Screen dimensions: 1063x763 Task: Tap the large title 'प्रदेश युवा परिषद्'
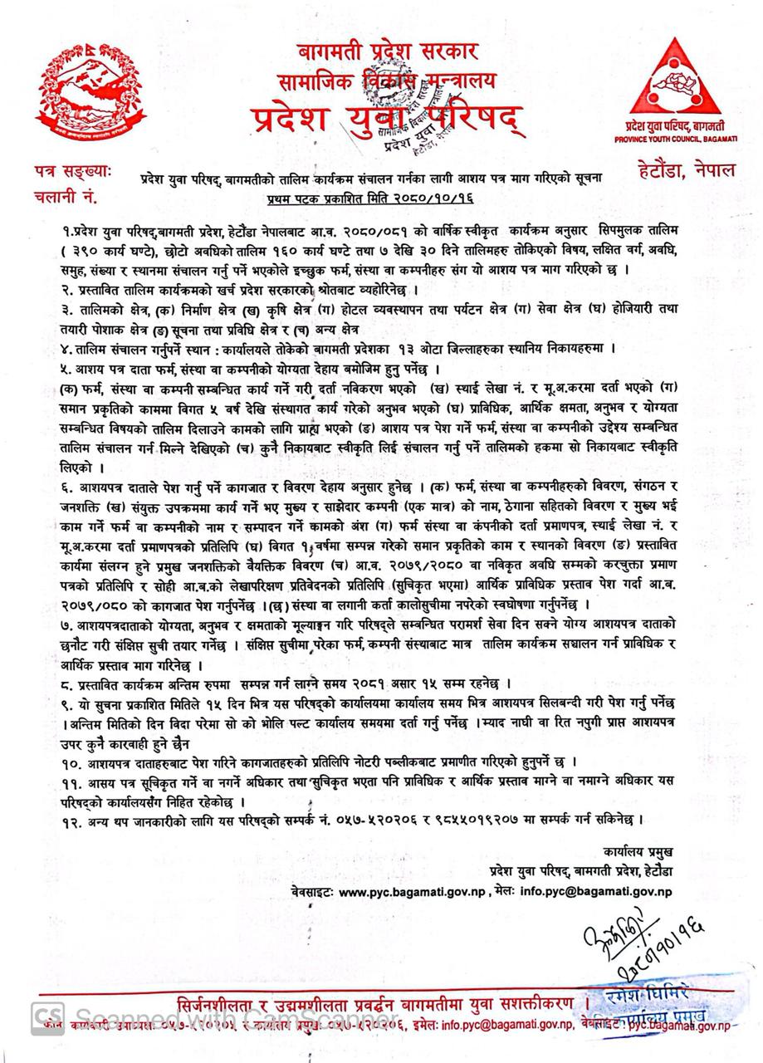pyautogui.click(x=387, y=119)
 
